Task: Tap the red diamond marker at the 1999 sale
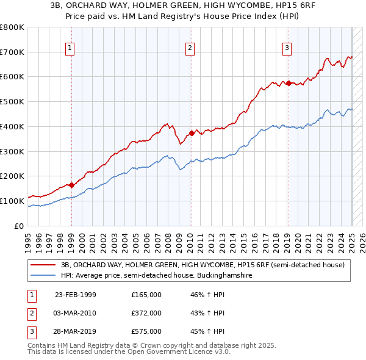(71, 184)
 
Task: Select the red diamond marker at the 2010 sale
(191, 132)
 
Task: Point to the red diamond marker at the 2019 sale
(289, 82)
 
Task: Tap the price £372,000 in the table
(146, 313)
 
